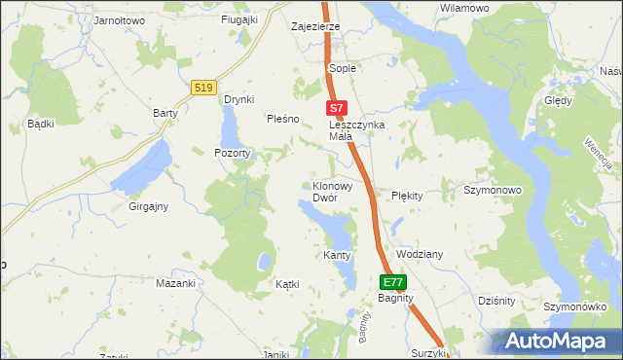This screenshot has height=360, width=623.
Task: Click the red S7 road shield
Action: click(335, 108)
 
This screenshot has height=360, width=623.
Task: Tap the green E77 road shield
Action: click(392, 282)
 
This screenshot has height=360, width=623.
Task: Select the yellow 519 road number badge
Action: click(203, 88)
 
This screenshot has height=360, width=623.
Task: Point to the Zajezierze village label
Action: click(315, 26)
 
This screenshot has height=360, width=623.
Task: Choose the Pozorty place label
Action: click(234, 153)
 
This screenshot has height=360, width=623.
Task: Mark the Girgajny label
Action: click(149, 206)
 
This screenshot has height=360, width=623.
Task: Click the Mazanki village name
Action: click(176, 283)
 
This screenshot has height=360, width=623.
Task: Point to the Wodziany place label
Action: click(420, 254)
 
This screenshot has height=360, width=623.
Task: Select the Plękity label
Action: click(407, 196)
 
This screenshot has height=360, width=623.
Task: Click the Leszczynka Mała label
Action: click(356, 130)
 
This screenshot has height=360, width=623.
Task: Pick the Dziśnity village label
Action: click(496, 301)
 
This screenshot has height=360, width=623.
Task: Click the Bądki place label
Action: click(40, 124)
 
